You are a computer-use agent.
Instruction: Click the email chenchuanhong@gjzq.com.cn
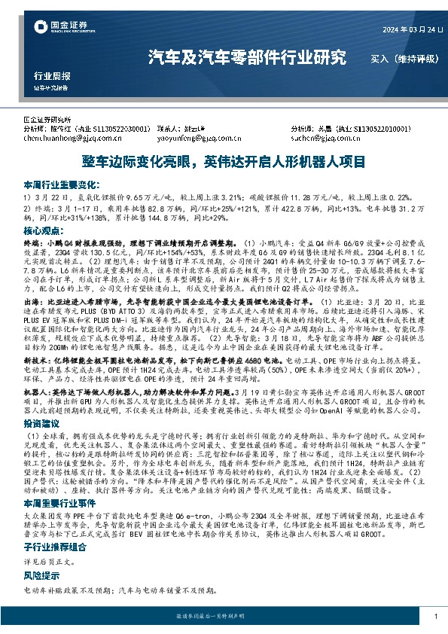coord(69,139)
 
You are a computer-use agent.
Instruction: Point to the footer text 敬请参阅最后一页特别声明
coord(223,616)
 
